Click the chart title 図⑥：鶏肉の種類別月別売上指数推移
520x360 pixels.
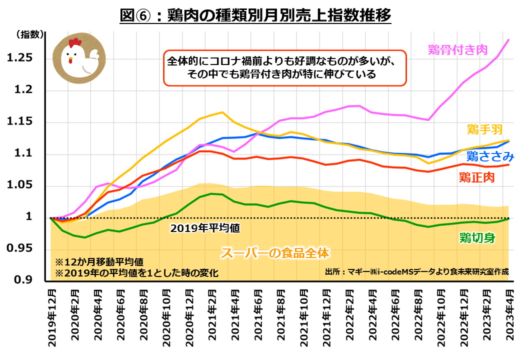pyautogui.click(x=255, y=14)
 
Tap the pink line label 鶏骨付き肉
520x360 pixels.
pyautogui.click(x=457, y=49)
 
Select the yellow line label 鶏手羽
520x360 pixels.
pyautogui.click(x=484, y=130)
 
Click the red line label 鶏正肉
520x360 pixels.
pyautogui.click(x=476, y=177)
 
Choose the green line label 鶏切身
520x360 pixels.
pyautogui.click(x=477, y=237)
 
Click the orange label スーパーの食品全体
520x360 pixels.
pyautogui.click(x=275, y=253)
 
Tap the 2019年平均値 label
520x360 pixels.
pyautogui.click(x=205, y=228)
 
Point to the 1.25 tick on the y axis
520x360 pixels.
pyautogui.click(x=19, y=58)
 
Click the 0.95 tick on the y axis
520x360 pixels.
pyautogui.click(x=19, y=249)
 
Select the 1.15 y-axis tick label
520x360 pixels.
pyautogui.click(x=19, y=122)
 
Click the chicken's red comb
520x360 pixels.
pyautogui.click(x=74, y=42)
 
